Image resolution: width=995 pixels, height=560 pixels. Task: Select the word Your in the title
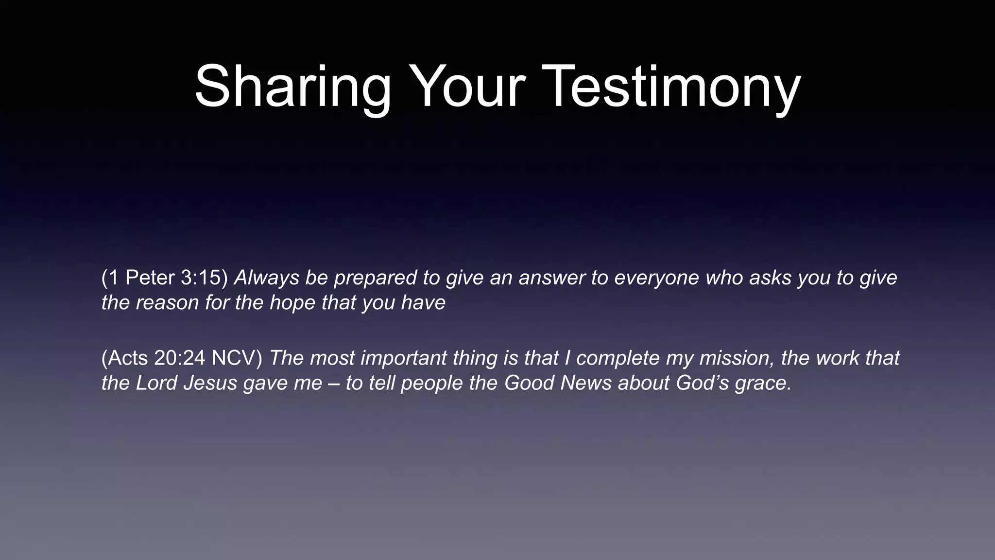pos(467,87)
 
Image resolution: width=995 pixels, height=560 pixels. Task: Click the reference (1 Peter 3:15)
pos(164,278)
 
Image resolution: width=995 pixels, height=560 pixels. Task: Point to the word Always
pos(266,278)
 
